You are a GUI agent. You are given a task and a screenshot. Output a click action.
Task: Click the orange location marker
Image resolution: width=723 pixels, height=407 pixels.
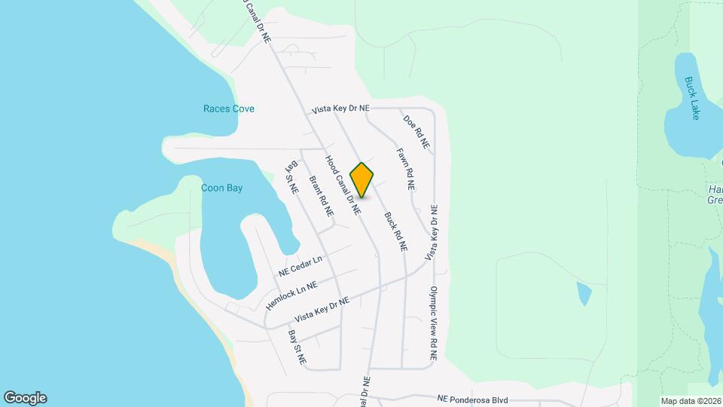coord(362,179)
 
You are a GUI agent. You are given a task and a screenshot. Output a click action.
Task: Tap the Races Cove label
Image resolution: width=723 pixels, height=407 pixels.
coord(229,109)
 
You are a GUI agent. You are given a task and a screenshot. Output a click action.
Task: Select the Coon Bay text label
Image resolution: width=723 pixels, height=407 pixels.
coord(222,188)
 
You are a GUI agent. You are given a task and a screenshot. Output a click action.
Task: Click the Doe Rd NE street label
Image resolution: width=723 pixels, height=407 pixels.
coord(416,131)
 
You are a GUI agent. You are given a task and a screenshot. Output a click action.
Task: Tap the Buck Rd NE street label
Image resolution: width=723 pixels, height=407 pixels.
coord(396,231)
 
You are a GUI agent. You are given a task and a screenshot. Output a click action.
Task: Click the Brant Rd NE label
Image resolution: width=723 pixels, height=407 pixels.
coord(322,197)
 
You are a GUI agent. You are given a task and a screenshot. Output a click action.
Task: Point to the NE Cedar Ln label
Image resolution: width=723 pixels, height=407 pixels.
coord(300,266)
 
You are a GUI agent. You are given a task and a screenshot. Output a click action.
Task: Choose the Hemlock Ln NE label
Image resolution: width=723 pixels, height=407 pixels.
coord(291,295)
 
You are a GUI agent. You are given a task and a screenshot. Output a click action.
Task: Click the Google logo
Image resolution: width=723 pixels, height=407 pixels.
coord(25,398)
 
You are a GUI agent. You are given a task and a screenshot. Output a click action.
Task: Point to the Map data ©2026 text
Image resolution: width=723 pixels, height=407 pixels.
coord(690,400)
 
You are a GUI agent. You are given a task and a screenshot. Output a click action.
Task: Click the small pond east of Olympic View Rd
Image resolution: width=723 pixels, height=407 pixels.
coord(584,293)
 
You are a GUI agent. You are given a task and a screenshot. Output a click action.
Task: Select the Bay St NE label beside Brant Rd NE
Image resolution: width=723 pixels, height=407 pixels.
coord(291,176)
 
